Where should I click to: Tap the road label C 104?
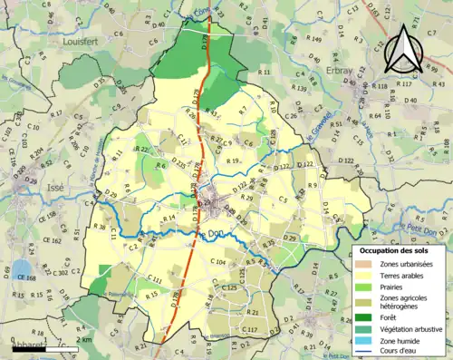pos(217,261)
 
